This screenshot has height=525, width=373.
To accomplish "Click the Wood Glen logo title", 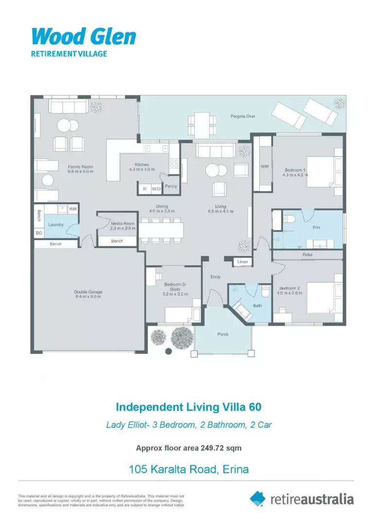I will (x=84, y=36).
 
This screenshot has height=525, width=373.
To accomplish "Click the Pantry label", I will (x=171, y=186).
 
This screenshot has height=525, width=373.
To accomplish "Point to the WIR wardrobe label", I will (x=265, y=166).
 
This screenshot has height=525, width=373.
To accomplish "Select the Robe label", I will (x=307, y=254).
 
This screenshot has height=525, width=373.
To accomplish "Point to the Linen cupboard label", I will (x=243, y=262).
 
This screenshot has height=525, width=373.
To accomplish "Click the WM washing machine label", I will (x=72, y=209).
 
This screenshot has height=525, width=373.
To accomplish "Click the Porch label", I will (x=223, y=334).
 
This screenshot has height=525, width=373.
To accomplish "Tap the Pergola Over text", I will (x=243, y=117).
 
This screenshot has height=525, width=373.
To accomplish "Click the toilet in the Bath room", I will (x=265, y=292).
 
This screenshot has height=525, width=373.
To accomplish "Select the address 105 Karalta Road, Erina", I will (x=189, y=470).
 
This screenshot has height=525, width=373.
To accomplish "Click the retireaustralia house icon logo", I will (x=258, y=498).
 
